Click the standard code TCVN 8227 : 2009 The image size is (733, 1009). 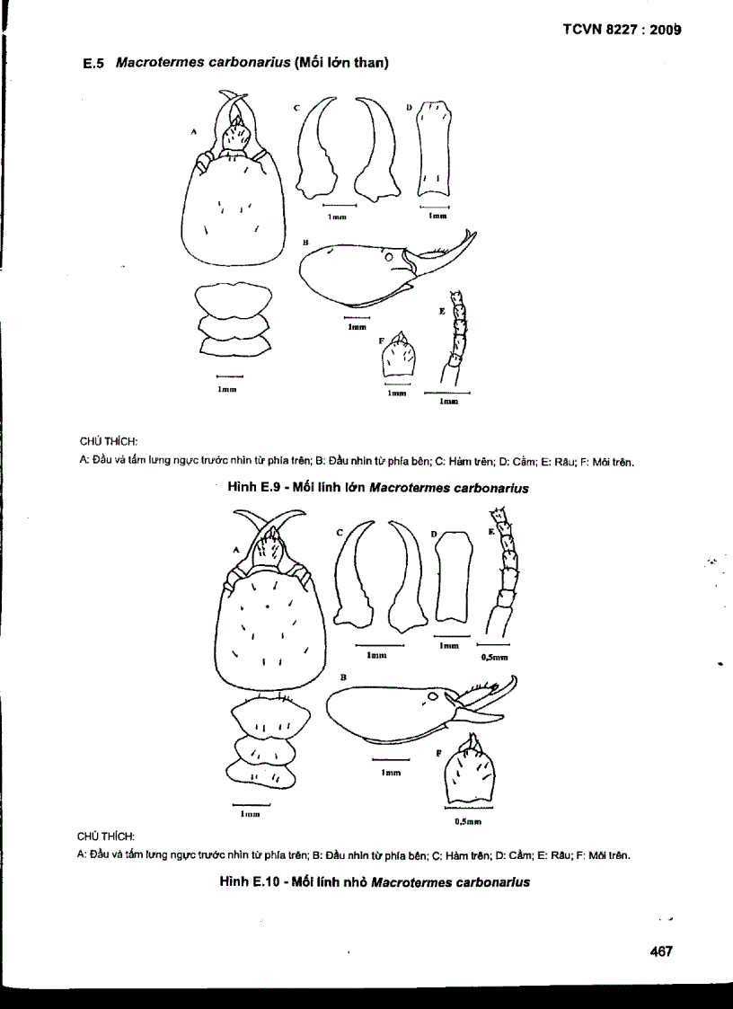point(621,29)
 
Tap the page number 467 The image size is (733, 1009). point(661,951)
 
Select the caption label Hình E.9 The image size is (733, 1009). point(261,488)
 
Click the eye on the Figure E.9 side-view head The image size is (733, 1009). point(390,258)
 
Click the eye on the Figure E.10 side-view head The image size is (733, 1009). point(433,695)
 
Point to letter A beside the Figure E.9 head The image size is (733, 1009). point(194,131)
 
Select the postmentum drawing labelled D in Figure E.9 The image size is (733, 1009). point(433,148)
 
